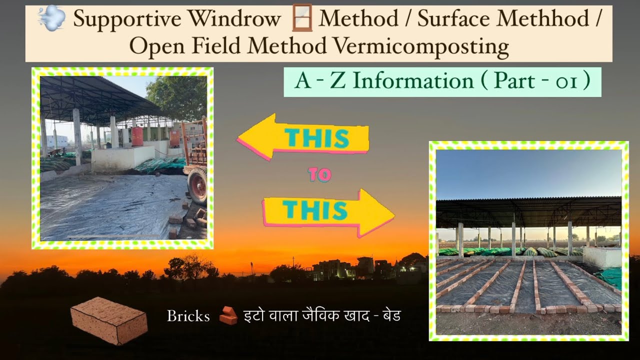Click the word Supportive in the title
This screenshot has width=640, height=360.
(127, 19)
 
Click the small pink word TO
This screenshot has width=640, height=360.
(319, 175)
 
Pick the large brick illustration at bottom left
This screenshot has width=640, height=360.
(109, 320)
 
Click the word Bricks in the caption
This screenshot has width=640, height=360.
(188, 316)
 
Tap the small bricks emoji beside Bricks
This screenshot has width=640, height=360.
(228, 316)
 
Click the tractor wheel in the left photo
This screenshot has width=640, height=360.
(196, 186)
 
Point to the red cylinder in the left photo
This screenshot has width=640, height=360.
(136, 136)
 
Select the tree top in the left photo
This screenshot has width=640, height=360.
(177, 95)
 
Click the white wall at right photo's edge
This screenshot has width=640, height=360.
(603, 256)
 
